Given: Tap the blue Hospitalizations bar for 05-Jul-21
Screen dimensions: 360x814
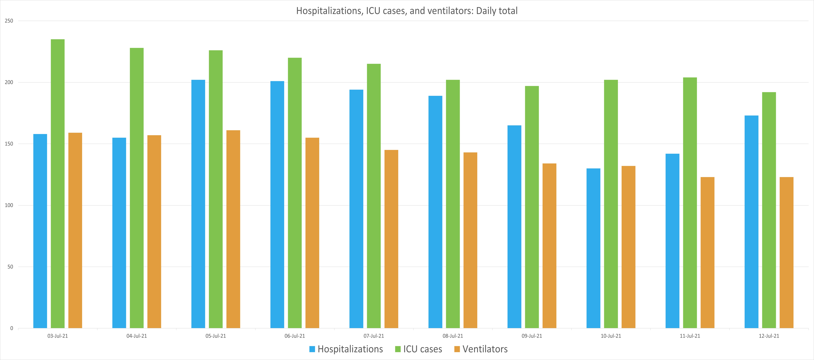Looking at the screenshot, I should click(x=198, y=204).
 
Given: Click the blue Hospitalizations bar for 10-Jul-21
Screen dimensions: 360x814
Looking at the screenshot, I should click(x=593, y=248).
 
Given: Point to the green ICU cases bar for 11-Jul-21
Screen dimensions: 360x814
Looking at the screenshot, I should click(x=690, y=202).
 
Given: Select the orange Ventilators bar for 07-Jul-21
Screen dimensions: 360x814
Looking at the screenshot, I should click(x=391, y=239).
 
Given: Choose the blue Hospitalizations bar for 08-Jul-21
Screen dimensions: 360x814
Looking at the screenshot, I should click(x=435, y=212).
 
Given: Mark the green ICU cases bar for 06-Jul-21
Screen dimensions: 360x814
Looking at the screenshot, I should click(x=295, y=193).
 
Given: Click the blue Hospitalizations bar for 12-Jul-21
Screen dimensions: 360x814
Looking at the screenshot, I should click(x=751, y=221).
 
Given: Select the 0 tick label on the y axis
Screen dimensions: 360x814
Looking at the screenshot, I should click(x=12, y=328).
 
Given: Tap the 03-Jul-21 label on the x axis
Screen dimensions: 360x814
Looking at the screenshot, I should click(x=58, y=336).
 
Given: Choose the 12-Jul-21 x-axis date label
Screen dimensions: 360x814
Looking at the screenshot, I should click(x=769, y=336).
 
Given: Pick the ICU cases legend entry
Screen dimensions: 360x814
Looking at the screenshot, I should click(x=422, y=349).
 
